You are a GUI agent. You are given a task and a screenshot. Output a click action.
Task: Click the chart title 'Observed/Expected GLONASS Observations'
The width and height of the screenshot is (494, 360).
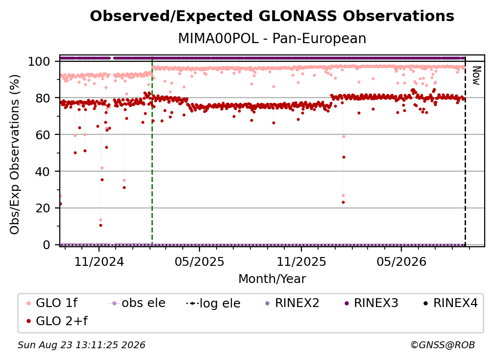click(272, 16)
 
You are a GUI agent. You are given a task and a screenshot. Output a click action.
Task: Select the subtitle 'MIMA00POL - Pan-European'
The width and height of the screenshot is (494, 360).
click(272, 38)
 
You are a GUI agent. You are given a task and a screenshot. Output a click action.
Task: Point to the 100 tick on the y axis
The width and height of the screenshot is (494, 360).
click(39, 61)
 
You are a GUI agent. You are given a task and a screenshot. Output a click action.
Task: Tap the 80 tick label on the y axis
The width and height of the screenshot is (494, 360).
click(43, 98)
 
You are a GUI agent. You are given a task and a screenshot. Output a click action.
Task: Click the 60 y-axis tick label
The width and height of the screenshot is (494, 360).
click(43, 134)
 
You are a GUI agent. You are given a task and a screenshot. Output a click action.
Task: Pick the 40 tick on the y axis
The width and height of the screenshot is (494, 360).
click(43, 172)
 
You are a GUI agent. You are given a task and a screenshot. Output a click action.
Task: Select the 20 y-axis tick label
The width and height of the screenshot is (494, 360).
click(43, 208)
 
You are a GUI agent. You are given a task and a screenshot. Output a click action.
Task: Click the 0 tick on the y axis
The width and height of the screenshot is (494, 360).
click(47, 245)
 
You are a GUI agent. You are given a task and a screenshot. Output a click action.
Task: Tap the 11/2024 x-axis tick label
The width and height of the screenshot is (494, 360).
click(99, 261)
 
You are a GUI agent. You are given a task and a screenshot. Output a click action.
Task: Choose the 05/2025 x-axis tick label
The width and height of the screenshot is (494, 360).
click(199, 261)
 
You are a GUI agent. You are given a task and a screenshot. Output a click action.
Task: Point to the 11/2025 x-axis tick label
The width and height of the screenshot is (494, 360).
click(301, 261)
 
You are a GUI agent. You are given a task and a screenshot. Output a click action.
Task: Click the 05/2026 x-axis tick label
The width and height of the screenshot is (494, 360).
click(401, 261)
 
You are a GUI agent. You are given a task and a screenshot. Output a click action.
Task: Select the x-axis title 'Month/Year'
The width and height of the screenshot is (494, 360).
click(272, 279)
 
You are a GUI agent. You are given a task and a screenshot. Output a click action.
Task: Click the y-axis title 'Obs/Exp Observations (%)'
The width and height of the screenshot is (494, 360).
click(15, 154)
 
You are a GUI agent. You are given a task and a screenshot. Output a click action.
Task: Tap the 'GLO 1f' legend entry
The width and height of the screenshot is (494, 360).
click(51, 303)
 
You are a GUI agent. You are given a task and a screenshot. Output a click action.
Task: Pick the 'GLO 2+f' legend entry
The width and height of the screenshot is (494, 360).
click(57, 321)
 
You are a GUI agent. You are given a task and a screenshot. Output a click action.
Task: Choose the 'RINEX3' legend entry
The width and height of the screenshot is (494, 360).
click(371, 303)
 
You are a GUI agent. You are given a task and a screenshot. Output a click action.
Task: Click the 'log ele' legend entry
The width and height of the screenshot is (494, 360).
click(213, 303)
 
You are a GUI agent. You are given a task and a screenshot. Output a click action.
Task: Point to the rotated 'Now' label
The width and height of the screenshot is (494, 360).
click(476, 76)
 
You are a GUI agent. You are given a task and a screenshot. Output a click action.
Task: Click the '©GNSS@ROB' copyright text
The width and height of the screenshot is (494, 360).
click(443, 345)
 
